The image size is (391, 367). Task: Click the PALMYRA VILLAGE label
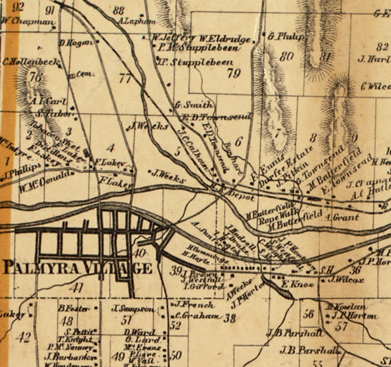pyautogui.click(x=77, y=268)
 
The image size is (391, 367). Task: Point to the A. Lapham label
pyautogui.click(x=136, y=21)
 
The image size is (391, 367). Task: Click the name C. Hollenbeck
pyautogui.click(x=31, y=62)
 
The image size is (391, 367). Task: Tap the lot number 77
pyautogui.click(x=125, y=79)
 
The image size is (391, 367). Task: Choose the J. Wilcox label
pyautogui.click(x=345, y=280)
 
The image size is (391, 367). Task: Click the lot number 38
pyautogui.click(x=229, y=318)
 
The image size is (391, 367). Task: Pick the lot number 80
pyautogui.click(x=286, y=56)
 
